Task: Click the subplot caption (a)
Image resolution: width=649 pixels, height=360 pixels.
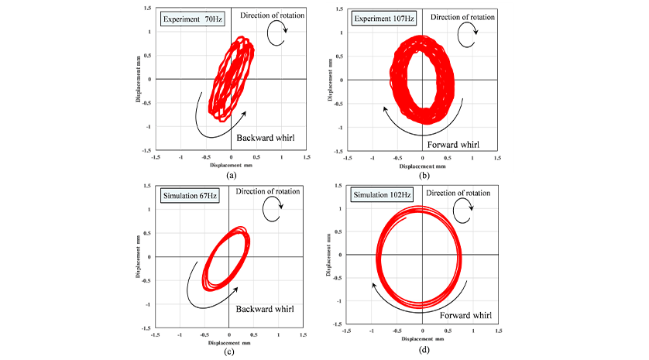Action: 231,176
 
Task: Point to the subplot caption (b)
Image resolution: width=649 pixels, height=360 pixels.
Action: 423,176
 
